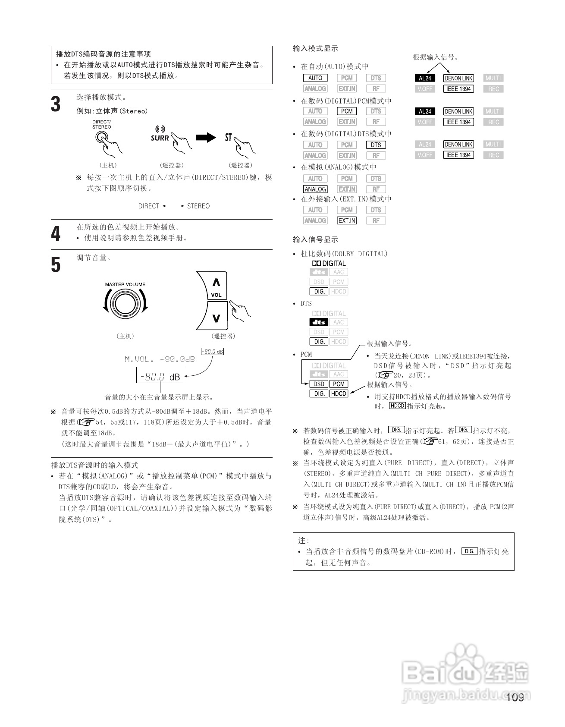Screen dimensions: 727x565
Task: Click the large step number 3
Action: point(56,104)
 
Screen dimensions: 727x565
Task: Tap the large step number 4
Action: point(56,234)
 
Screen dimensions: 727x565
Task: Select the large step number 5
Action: point(56,264)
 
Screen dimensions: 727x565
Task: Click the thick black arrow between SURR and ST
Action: point(206,138)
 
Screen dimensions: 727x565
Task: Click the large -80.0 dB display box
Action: point(160,376)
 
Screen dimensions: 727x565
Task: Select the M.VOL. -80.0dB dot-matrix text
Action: point(160,359)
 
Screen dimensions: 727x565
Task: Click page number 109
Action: point(515,698)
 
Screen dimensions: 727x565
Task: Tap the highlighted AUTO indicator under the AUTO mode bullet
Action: point(315,78)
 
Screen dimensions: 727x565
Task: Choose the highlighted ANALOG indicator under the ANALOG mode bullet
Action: point(315,189)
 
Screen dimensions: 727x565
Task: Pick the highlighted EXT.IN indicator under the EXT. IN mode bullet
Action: point(347,220)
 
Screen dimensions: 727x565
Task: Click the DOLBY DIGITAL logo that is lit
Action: point(329,263)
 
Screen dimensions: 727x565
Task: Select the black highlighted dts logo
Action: point(319,322)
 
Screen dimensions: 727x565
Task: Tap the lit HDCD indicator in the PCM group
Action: point(339,393)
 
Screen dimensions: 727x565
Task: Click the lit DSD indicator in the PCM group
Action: point(319,384)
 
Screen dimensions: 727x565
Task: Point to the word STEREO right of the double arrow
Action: point(198,206)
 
